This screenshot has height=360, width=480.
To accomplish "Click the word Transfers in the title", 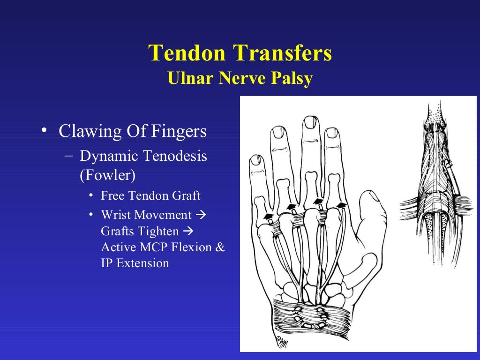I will coord(284,53).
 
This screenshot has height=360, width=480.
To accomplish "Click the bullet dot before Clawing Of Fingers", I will coord(44,131).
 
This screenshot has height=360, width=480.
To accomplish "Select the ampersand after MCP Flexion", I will coord(220,247).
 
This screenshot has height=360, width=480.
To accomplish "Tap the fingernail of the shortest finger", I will coord(257,160).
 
